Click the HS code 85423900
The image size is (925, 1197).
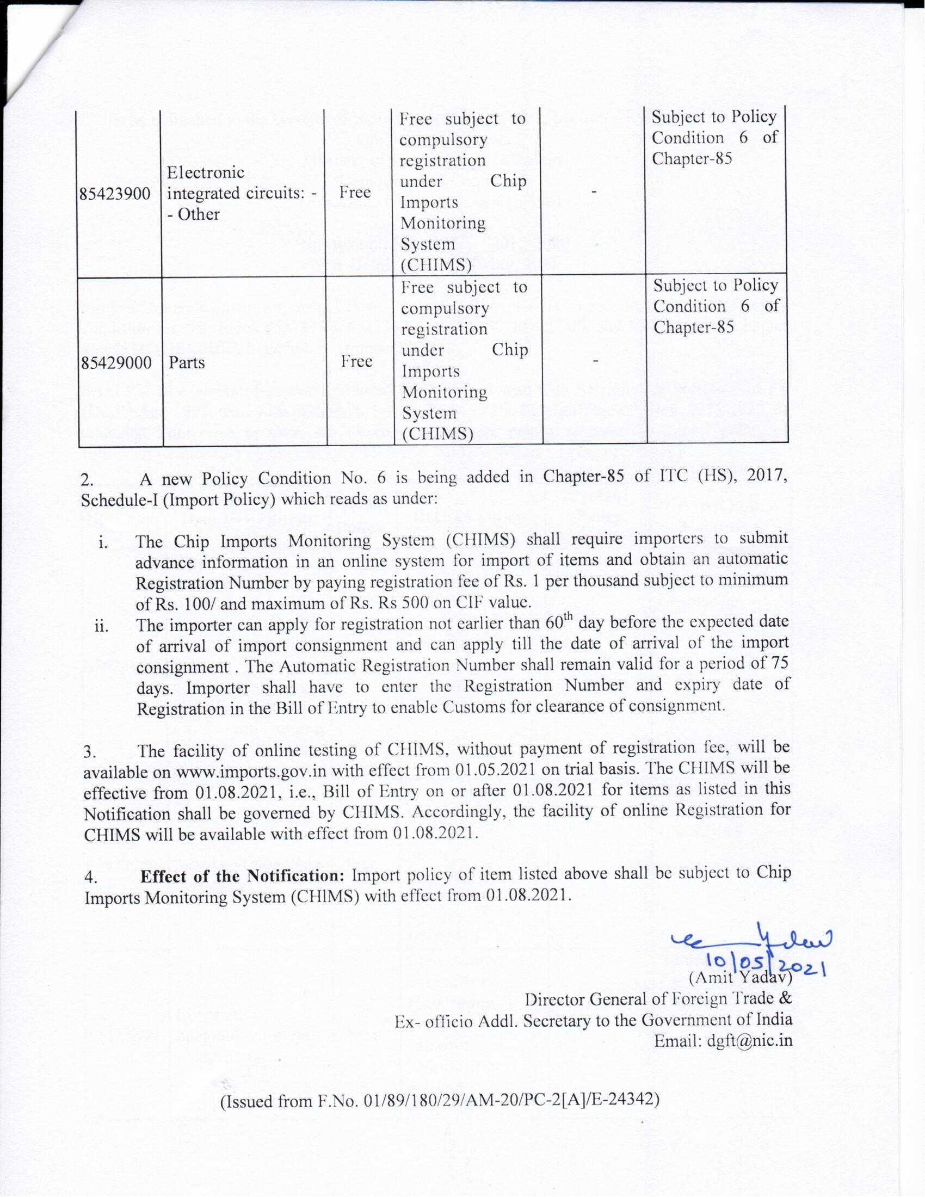click(x=114, y=194)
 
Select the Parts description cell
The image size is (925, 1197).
click(x=186, y=362)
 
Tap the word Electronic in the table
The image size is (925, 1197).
click(x=206, y=172)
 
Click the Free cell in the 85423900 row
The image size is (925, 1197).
click(x=355, y=193)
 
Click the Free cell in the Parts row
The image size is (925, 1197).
click(x=356, y=361)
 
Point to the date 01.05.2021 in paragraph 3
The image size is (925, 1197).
click(x=495, y=769)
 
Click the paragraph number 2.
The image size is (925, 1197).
click(x=87, y=480)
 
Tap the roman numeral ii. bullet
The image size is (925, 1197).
click(x=101, y=626)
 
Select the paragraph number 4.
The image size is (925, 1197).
click(x=90, y=878)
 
